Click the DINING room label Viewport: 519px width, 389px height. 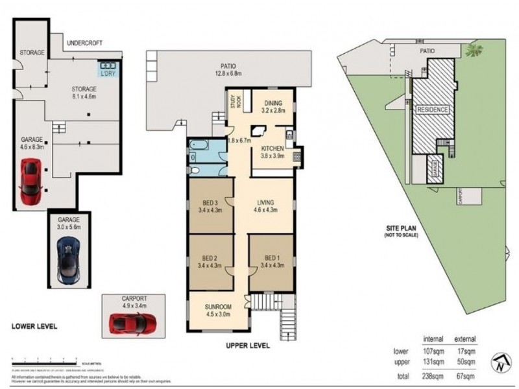pyautogui.click(x=272, y=103)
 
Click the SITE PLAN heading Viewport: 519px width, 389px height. pyautogui.click(x=400, y=228)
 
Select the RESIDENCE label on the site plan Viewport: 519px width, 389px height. pyautogui.click(x=433, y=109)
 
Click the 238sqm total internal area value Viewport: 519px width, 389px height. pyautogui.click(x=433, y=375)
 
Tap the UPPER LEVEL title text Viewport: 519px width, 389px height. pyautogui.click(x=247, y=346)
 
